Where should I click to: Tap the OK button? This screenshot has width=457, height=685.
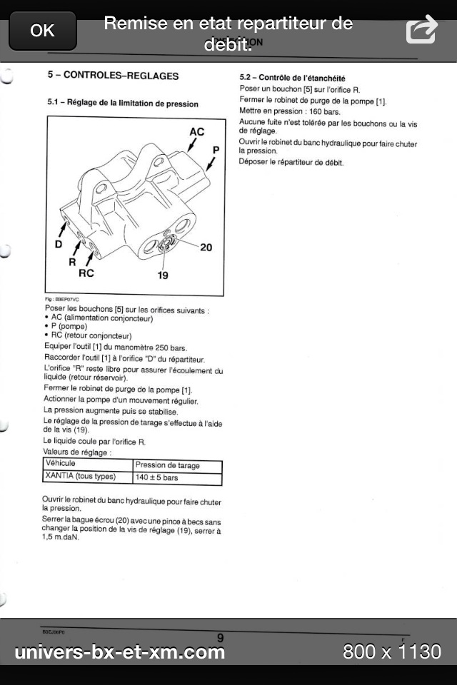click(42, 31)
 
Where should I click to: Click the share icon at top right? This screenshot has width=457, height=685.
click(421, 31)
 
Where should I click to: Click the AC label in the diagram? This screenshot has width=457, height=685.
click(197, 132)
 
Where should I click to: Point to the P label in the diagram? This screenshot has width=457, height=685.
click(216, 149)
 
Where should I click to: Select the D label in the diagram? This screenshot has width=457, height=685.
click(59, 244)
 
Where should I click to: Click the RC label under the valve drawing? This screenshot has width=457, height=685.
click(86, 273)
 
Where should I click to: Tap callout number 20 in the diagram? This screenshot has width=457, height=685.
click(206, 247)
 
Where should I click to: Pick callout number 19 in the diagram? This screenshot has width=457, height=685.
click(163, 275)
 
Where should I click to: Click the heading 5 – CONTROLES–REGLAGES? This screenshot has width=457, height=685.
click(113, 75)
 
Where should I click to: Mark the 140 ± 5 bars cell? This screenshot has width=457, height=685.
click(157, 477)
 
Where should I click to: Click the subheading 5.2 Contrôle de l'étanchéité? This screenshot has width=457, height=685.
click(293, 78)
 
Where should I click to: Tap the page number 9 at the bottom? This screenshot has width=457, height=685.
click(220, 637)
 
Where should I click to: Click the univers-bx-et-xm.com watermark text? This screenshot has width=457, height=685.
click(120, 651)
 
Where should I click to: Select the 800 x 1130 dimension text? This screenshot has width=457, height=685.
click(392, 651)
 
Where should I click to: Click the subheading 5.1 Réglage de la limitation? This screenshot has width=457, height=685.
click(123, 103)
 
